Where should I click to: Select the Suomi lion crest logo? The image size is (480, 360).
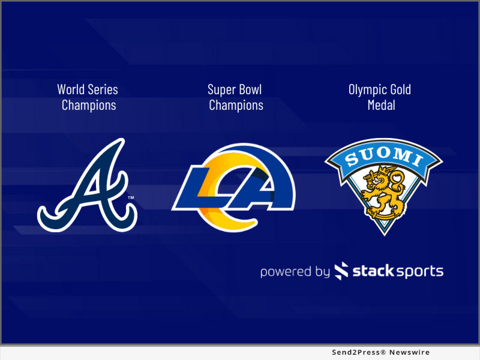(383, 183)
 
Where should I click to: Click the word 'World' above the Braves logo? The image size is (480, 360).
(71, 90)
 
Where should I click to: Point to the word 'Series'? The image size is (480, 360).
(103, 90)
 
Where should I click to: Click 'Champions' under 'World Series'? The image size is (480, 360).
(88, 106)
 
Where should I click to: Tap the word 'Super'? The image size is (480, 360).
(221, 90)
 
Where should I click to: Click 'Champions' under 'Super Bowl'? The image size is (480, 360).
(236, 106)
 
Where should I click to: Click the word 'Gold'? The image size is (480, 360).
(400, 90)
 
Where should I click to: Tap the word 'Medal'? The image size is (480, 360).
(381, 106)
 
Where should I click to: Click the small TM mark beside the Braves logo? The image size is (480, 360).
(131, 197)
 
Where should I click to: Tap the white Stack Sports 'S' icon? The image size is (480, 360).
(341, 271)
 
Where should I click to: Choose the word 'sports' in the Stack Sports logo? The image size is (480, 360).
(419, 272)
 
